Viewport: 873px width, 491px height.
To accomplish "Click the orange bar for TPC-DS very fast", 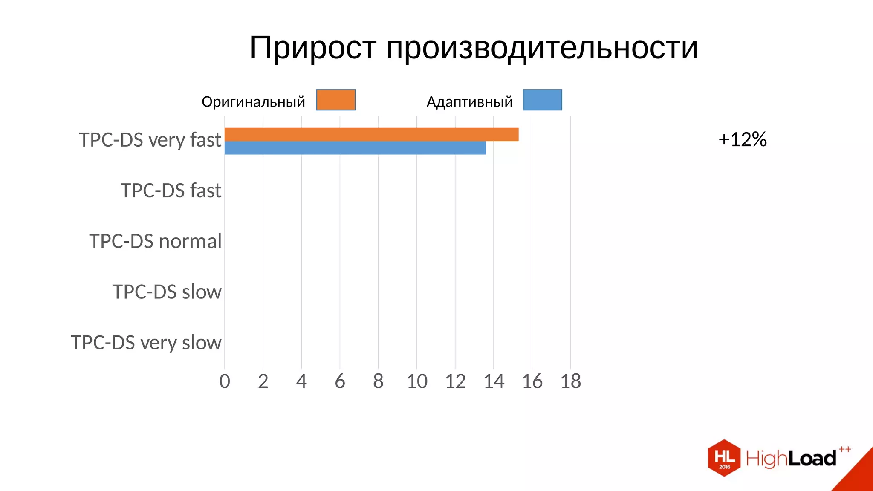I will point(371,134).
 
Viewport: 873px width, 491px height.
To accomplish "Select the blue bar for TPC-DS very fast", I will point(355,148).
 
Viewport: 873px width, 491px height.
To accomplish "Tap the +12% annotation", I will point(743,139).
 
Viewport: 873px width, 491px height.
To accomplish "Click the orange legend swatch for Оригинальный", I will point(336,100).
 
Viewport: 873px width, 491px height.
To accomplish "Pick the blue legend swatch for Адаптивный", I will point(542,100).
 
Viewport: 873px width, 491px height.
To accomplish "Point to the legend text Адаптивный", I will point(469,102).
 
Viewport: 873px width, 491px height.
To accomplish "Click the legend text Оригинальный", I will point(253,102).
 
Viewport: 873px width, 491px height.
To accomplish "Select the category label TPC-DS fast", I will point(171,191).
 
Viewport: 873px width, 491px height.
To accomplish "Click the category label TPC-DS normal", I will point(156,241).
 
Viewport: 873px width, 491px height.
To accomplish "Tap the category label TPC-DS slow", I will point(167,292).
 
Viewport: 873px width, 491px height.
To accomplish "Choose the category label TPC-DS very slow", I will point(146,343).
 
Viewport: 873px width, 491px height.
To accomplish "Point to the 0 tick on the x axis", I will point(225,381).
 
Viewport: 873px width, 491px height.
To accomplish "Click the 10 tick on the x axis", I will point(417,381).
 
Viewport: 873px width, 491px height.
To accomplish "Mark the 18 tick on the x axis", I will point(570,381).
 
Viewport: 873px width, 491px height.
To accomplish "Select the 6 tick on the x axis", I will point(340,381).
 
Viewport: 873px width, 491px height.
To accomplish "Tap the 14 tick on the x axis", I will point(494,381).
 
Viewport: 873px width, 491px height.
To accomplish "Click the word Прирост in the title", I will point(313,47).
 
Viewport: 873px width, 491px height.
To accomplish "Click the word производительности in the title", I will point(542,47).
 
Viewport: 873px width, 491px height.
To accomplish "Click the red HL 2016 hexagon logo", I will point(724,458).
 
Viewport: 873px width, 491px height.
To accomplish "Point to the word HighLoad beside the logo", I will point(791,458).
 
